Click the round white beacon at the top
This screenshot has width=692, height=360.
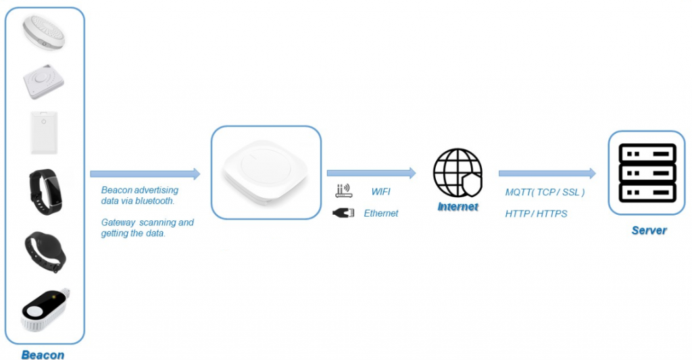tap(44, 32)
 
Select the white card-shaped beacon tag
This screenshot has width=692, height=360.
tap(44, 132)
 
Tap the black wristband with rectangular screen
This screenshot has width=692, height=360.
tap(45, 191)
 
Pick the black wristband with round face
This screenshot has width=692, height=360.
tap(45, 252)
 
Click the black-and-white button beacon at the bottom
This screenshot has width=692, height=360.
tap(45, 310)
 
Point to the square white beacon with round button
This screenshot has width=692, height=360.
tap(43, 82)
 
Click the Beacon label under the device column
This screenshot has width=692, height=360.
tap(43, 355)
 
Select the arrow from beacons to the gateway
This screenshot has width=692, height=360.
tap(145, 174)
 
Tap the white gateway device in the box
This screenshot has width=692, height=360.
tap(265, 172)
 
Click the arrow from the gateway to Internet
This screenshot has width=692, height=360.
tap(371, 174)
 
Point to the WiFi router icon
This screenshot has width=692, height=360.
tap(343, 190)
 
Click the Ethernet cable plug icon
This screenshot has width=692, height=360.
tap(343, 213)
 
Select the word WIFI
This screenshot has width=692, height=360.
tap(381, 191)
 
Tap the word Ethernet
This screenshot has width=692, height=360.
tap(381, 213)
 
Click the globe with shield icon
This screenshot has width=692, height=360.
tap(458, 172)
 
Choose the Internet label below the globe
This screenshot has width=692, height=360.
tap(458, 207)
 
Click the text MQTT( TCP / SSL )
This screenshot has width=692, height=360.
tap(545, 192)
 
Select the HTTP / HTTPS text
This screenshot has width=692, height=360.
tap(536, 214)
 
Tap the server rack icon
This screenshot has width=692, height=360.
tap(647, 173)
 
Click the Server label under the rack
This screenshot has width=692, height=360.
tap(649, 230)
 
